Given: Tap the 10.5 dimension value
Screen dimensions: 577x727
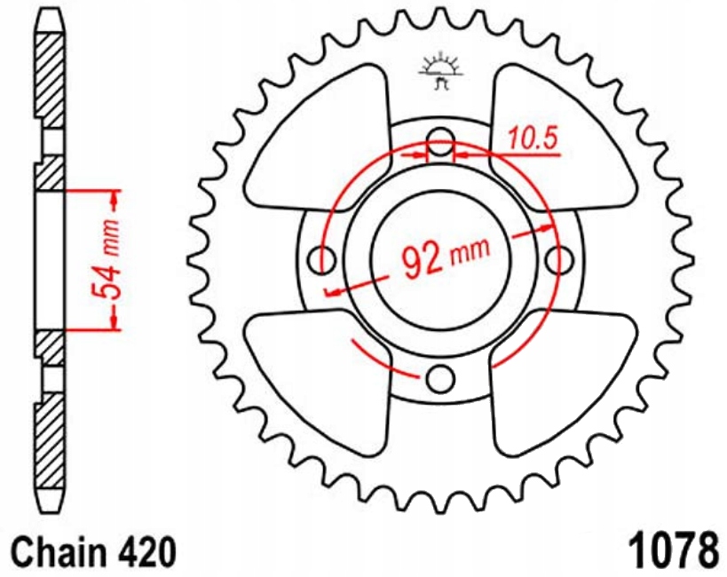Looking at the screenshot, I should click(532, 138).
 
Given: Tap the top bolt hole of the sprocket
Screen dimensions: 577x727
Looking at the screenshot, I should click(439, 138).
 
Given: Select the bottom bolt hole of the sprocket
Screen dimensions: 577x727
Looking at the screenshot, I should click(439, 379).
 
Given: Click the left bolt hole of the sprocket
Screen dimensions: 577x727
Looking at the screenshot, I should click(320, 259).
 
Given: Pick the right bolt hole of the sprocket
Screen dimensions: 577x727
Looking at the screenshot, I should click(559, 259).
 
